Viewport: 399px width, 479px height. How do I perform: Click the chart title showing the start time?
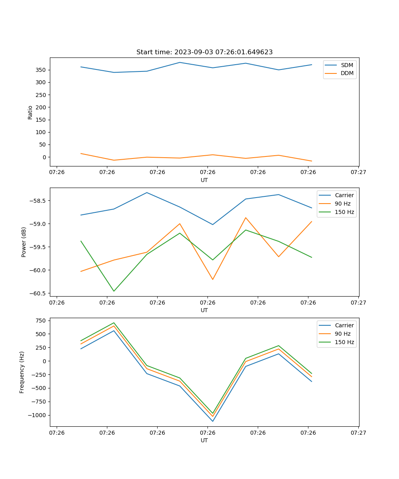coord(204,52)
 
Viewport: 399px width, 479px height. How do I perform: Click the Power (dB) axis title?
coord(24,242)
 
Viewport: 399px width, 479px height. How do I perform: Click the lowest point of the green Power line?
coord(114,291)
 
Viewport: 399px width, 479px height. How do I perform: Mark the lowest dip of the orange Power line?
coord(213,279)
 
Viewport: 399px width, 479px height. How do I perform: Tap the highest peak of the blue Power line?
coord(147,192)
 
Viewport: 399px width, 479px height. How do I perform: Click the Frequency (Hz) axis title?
coord(22,372)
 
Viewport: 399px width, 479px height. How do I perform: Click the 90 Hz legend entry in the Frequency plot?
coord(343,334)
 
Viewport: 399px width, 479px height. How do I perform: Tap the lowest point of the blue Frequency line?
coord(213,421)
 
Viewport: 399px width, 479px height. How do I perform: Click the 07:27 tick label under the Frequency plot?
coord(358,433)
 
